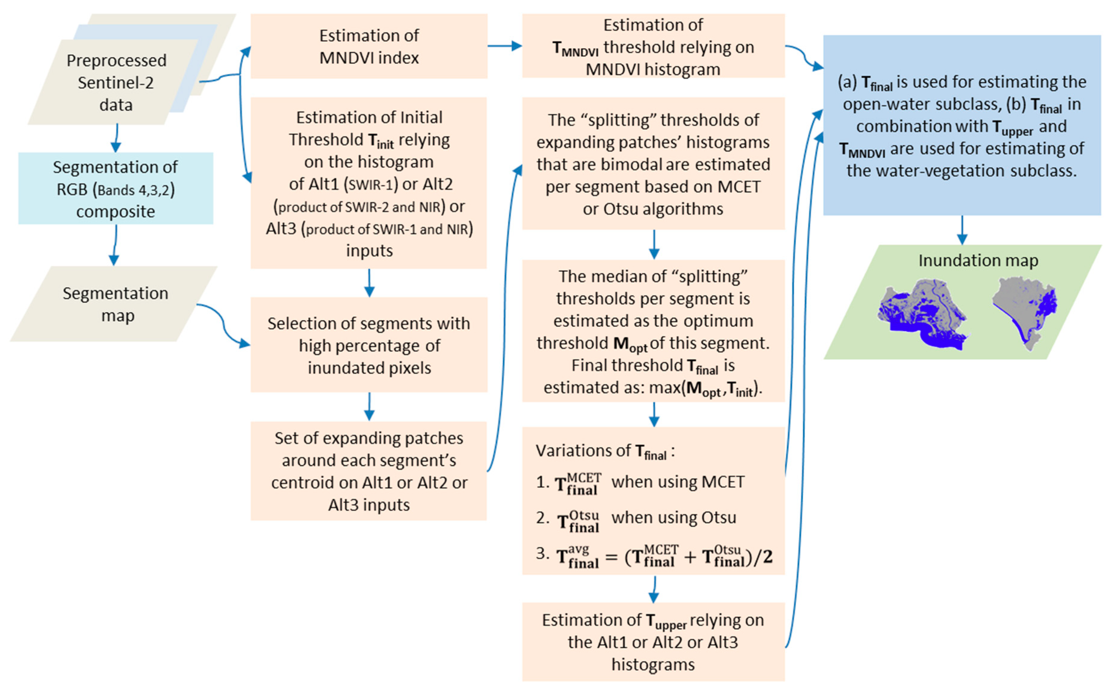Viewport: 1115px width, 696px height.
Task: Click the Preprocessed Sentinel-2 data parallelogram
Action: [x=115, y=83]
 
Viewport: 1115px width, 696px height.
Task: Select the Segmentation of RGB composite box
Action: [x=115, y=189]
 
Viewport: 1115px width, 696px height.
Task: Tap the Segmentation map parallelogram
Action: [x=115, y=304]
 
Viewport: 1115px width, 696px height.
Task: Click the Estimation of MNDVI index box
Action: [x=369, y=46]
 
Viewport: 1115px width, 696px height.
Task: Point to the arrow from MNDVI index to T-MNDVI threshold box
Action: [x=505, y=45]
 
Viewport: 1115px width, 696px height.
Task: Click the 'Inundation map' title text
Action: [x=978, y=261]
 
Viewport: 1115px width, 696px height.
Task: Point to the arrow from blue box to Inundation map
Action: [x=962, y=230]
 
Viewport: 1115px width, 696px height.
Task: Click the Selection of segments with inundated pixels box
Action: [x=369, y=345]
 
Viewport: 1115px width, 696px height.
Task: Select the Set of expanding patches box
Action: [x=369, y=471]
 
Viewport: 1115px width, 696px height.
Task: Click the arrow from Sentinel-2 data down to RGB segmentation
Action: [x=116, y=138]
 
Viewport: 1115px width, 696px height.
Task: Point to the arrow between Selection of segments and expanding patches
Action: [x=369, y=406]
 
